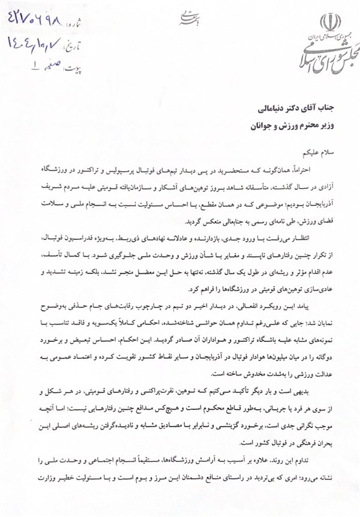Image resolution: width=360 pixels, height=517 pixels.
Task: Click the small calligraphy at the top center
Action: (x=182, y=17)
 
